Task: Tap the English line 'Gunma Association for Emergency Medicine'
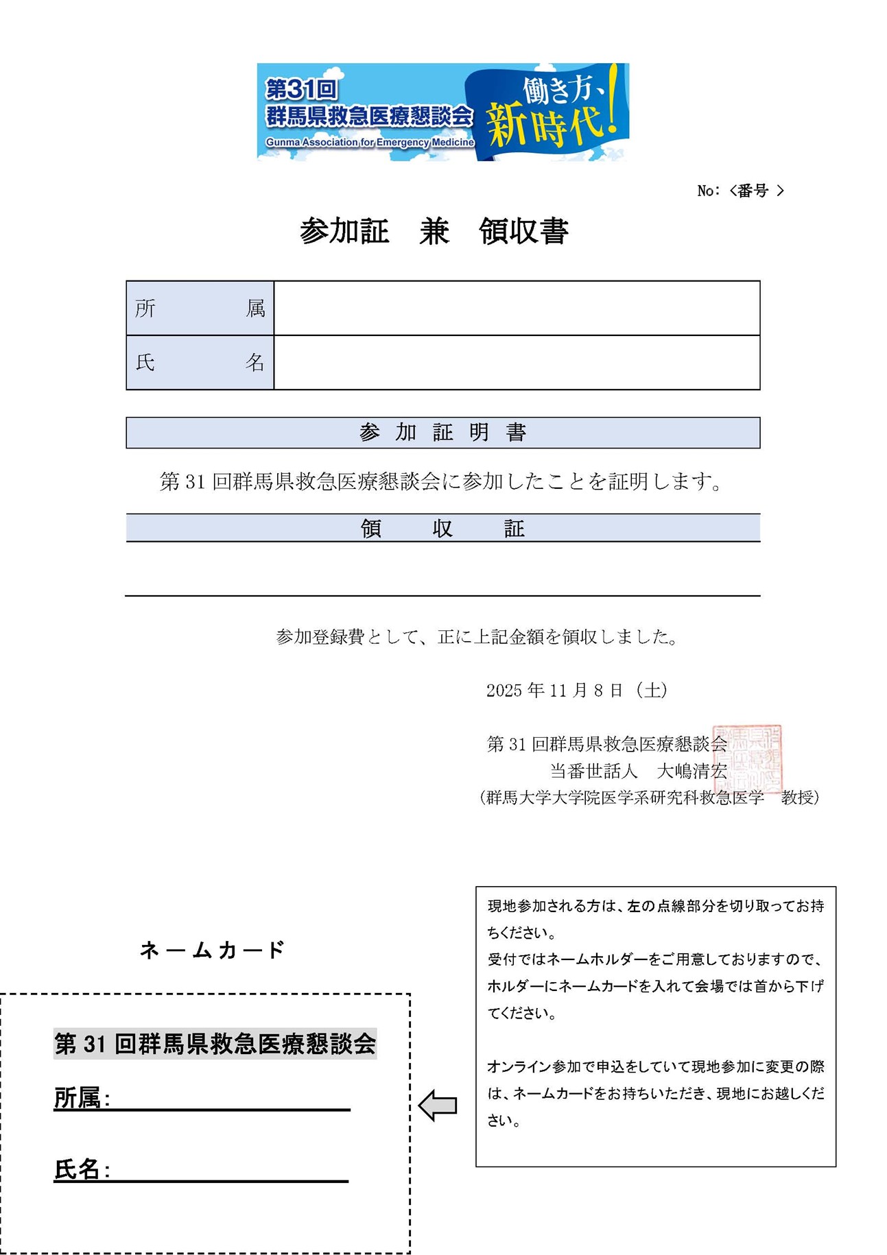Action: [370, 143]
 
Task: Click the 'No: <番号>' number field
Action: [740, 191]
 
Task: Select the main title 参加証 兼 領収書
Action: [434, 231]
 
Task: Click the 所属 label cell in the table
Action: [200, 309]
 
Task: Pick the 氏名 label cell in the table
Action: [200, 363]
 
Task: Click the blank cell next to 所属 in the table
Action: [517, 309]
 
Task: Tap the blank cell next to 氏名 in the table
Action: [517, 363]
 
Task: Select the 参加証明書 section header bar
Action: [442, 433]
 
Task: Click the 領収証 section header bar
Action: [442, 528]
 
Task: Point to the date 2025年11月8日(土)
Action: [577, 691]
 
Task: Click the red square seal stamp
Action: [747, 758]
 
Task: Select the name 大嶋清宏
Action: [691, 772]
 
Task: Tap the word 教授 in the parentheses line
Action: [799, 798]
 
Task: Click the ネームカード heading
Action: [212, 950]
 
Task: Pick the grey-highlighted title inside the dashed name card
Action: [215, 1044]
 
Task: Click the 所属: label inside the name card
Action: [82, 1098]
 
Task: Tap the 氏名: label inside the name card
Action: [82, 1169]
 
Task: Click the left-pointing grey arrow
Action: [438, 1105]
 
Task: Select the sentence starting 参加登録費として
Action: [477, 637]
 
